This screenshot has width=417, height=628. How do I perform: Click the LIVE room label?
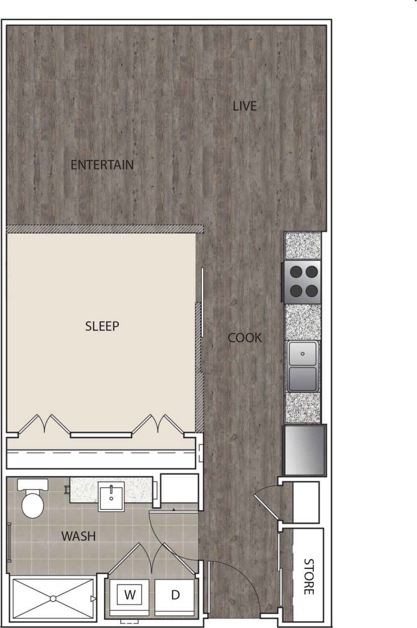click(x=244, y=106)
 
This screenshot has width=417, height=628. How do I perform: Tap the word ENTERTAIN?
click(x=102, y=165)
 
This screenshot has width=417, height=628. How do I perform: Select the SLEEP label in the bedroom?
click(x=102, y=326)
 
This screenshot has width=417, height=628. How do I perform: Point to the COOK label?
click(x=245, y=338)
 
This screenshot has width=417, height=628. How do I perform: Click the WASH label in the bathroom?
click(x=78, y=536)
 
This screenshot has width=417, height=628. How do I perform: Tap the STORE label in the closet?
click(x=308, y=576)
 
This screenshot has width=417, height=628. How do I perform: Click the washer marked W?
click(x=130, y=595)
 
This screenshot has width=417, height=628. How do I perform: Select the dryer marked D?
click(x=175, y=595)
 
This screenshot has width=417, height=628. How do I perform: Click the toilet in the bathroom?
click(x=33, y=500)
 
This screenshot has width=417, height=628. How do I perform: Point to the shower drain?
click(x=52, y=598)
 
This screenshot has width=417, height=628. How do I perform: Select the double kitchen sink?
click(x=302, y=366)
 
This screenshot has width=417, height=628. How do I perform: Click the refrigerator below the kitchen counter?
click(x=304, y=450)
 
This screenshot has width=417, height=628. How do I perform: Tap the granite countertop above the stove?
click(x=303, y=245)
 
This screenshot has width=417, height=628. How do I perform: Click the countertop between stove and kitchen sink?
click(x=303, y=322)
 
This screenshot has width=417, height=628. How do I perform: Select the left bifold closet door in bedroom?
click(x=44, y=424)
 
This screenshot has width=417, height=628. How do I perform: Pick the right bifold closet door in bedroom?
click(x=158, y=424)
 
